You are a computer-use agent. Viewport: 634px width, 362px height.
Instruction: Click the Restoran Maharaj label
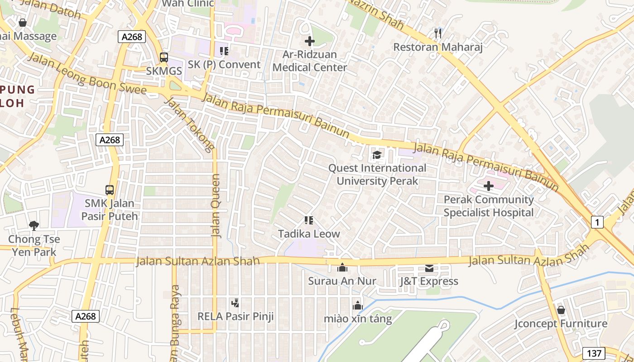tap(437, 47)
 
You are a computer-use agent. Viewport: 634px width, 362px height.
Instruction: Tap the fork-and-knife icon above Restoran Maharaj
tap(437, 33)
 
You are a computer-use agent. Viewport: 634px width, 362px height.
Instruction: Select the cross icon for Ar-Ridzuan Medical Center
tap(310, 42)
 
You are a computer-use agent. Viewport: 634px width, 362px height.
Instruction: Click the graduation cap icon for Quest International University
tap(377, 155)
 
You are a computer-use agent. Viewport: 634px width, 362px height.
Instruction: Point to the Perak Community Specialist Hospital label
tap(489, 206)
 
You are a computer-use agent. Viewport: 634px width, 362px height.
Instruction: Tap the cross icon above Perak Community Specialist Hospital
tap(489, 186)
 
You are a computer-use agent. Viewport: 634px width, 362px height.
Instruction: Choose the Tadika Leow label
tap(309, 234)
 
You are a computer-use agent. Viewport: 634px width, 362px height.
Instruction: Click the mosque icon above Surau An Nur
tap(342, 267)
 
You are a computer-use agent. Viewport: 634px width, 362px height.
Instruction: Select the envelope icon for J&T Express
tap(429, 268)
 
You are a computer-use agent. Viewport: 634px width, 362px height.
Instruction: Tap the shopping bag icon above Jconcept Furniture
tap(561, 310)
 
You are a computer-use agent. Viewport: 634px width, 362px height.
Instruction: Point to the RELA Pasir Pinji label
tap(235, 316)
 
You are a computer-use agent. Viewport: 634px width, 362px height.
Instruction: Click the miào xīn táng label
tap(358, 319)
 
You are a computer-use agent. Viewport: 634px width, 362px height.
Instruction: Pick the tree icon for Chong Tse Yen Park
tap(34, 225)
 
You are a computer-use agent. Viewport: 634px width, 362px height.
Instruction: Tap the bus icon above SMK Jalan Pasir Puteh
tap(109, 190)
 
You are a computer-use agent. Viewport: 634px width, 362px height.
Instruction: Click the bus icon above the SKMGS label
tap(164, 57)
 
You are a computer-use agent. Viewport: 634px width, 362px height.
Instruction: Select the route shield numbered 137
tap(594, 353)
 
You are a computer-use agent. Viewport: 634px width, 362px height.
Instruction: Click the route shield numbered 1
tap(597, 222)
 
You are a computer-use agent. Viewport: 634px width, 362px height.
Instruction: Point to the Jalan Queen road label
tap(216, 206)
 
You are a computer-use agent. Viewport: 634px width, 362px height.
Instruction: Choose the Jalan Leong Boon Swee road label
tap(87, 75)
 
